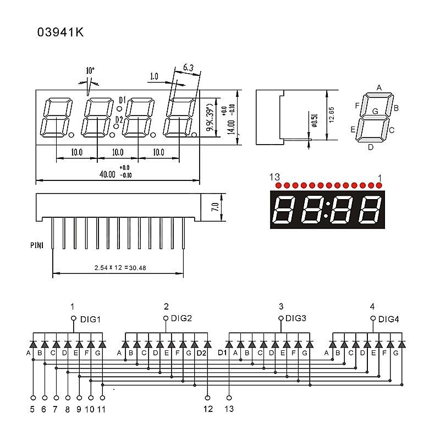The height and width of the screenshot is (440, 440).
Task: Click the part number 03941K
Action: pos(61,32)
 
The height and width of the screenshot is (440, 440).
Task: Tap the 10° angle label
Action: pos(90,70)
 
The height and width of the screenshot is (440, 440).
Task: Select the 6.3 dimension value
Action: pos(188,68)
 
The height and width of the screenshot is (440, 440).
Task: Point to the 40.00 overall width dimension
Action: pos(107,174)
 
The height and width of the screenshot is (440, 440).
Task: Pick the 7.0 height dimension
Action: pos(216,207)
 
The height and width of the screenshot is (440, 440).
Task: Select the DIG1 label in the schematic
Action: pos(91,318)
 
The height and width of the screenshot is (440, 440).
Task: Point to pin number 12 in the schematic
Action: pos(208,409)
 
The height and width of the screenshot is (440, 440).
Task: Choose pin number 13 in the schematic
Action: pos(229,409)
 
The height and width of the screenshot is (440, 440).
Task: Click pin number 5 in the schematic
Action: pos(32,409)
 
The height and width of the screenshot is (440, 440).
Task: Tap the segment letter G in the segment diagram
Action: pos(375,111)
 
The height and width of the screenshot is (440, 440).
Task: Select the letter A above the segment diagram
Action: pos(379,87)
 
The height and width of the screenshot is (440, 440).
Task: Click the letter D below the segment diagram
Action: pos(371,147)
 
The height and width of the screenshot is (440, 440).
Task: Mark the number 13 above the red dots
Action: pos(275,177)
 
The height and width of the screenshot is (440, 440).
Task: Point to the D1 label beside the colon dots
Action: pos(122,100)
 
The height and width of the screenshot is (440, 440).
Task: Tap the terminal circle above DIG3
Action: pos(281,318)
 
